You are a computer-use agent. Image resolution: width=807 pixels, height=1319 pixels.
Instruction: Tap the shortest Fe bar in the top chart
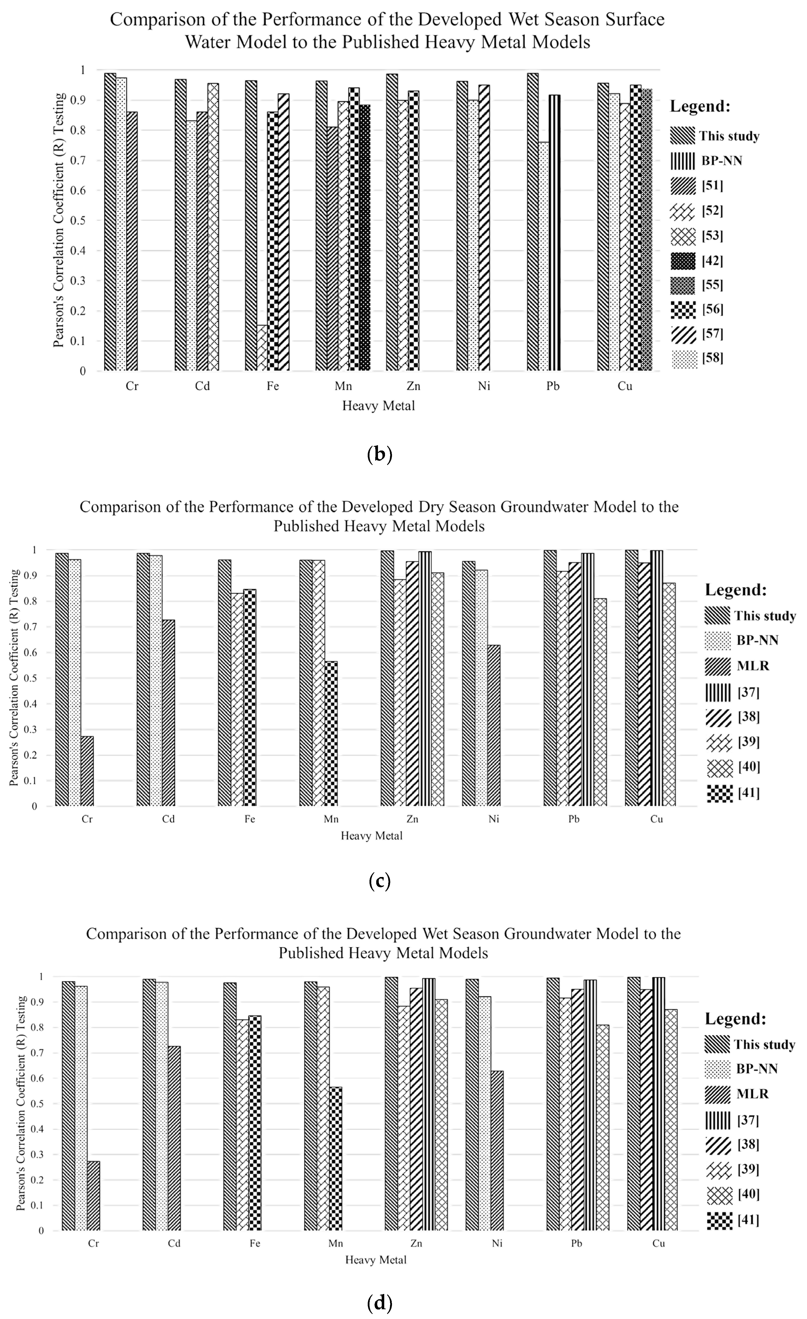pyautogui.click(x=262, y=348)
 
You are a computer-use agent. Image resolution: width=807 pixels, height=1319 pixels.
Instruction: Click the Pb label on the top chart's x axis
pyautogui.click(x=553, y=386)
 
